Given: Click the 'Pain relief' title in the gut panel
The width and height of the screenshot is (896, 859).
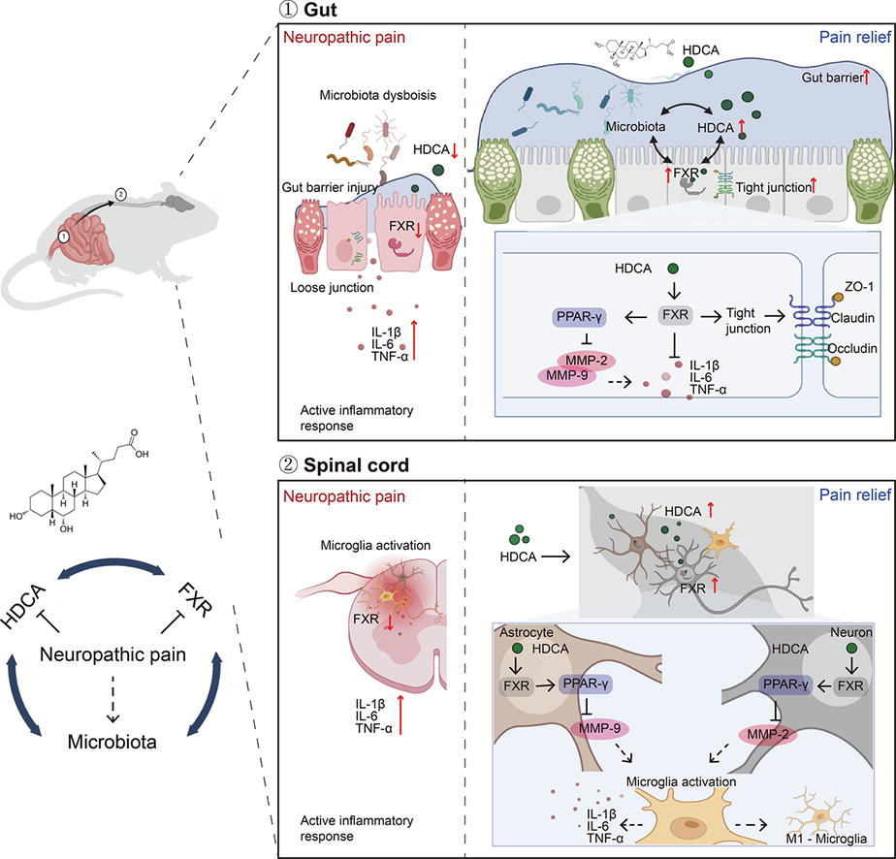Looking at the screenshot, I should pos(851,38).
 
